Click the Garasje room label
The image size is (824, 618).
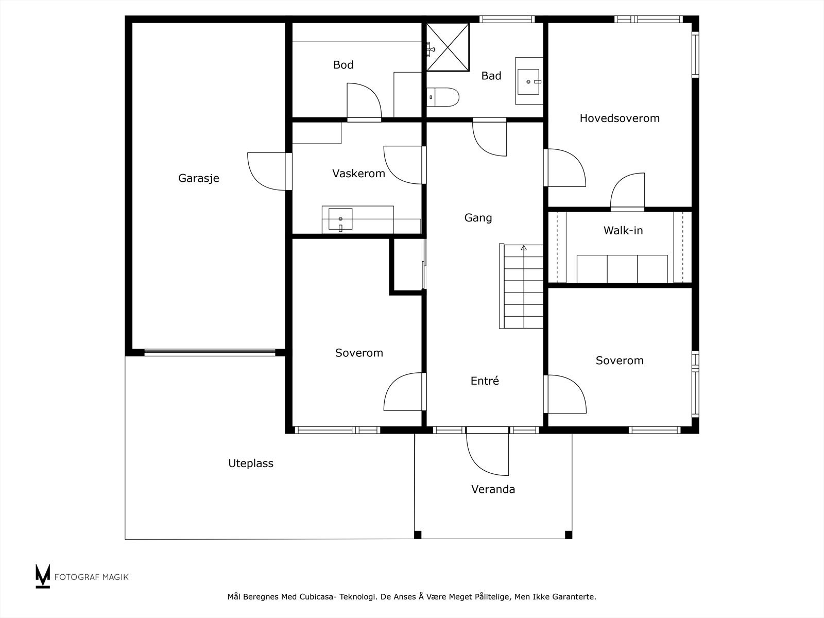pos(199,178)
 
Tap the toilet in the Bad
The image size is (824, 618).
pos(443,97)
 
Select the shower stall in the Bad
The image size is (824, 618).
pos(448,47)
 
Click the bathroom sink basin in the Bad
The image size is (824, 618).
pos(528,81)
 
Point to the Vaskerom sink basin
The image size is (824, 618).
pos(340,219)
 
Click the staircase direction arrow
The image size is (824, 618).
pos(524,248)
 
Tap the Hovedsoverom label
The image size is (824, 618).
pos(620,118)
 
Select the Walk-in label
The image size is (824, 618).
pos(623,230)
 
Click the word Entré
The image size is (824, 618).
pos(485,381)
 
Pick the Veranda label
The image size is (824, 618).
pos(493,489)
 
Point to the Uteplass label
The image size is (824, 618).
pos(251,463)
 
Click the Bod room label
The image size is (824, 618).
pos(343,65)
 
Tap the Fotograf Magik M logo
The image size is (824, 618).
pos(43,576)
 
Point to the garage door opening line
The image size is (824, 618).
pos(210,352)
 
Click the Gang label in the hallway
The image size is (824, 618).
pos(478,218)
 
